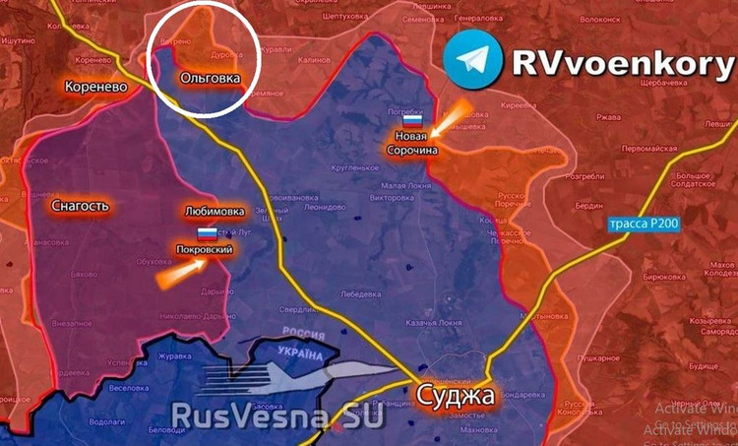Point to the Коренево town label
click(x=95, y=87)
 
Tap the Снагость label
click(x=79, y=206)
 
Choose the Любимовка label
click(x=215, y=211)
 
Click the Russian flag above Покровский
click(x=208, y=234)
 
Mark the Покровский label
click(x=204, y=250)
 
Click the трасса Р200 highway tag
click(x=644, y=224)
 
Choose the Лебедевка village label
click(x=360, y=293)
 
